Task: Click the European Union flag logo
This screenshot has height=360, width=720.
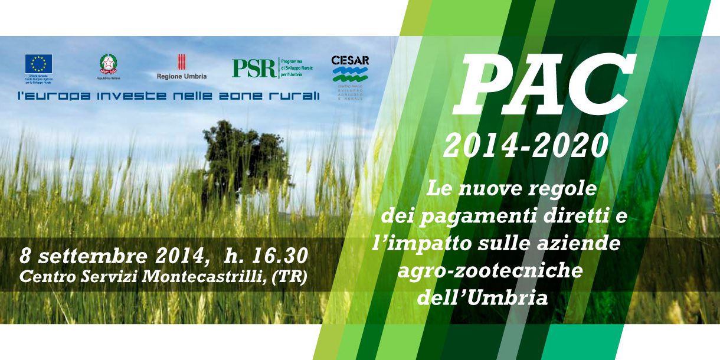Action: tap(38, 64)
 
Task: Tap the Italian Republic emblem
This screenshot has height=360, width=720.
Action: tap(108, 64)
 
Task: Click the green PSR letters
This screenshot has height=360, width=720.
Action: tap(254, 68)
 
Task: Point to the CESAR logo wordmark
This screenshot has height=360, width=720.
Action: tap(350, 61)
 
